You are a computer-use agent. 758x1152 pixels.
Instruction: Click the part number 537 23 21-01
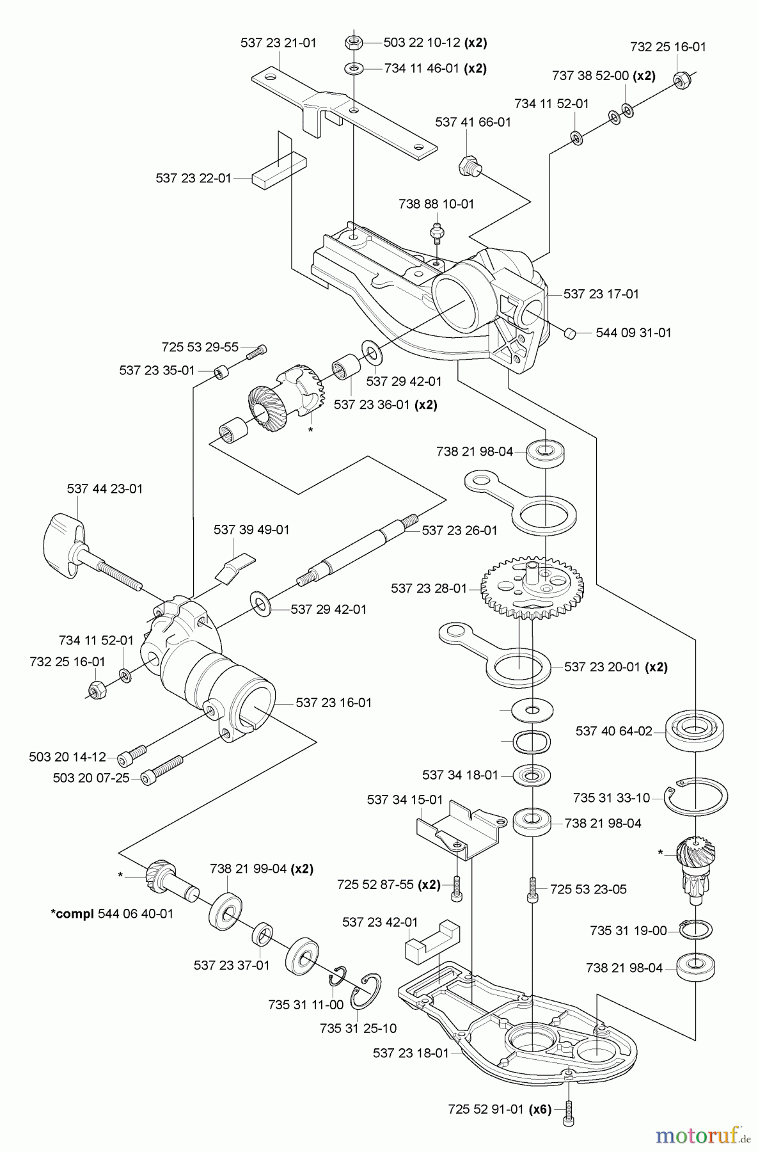tap(278, 43)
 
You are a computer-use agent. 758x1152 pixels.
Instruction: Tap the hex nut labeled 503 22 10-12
tap(354, 43)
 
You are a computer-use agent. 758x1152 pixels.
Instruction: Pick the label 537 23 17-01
tap(601, 294)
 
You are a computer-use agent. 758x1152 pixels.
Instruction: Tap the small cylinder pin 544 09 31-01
tap(571, 333)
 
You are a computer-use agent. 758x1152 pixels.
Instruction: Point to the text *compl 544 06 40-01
tap(112, 913)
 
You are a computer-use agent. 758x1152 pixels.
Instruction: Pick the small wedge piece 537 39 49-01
tap(234, 567)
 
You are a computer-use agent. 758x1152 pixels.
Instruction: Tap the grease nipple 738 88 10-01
tap(437, 232)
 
